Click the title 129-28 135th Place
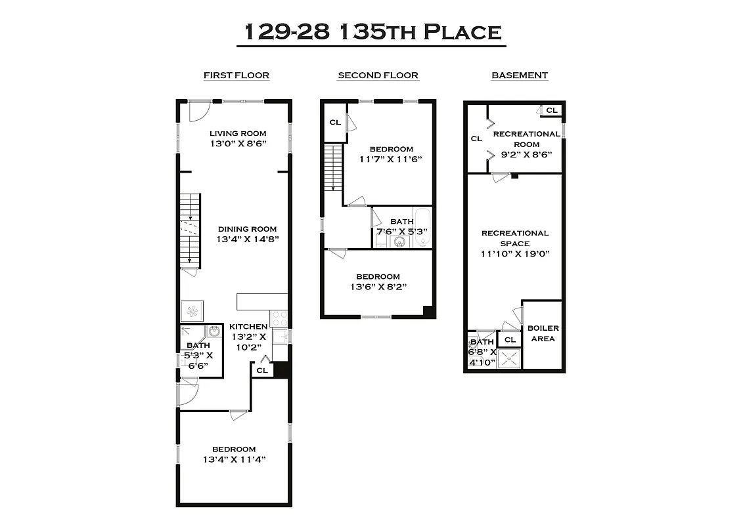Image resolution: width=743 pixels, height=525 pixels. [372, 31]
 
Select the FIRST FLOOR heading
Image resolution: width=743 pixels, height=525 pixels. [236, 75]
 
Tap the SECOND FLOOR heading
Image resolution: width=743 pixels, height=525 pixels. [378, 75]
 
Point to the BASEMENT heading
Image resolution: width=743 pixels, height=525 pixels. [520, 75]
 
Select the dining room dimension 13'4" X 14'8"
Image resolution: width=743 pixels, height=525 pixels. [247, 240]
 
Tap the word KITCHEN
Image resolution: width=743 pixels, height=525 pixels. [248, 327]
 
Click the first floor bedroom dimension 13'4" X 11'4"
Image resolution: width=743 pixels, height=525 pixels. [234, 459]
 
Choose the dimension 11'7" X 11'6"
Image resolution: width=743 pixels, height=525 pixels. [391, 159]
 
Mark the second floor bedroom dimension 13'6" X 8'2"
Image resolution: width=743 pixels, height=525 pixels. [378, 287]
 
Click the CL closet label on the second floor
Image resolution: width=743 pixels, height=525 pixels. [335, 122]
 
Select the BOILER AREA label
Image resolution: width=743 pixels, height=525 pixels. [543, 333]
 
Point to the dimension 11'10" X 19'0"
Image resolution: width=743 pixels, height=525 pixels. [514, 253]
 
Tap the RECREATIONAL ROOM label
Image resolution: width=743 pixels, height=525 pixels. [526, 138]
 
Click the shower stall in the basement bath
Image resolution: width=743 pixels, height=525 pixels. [510, 358]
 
